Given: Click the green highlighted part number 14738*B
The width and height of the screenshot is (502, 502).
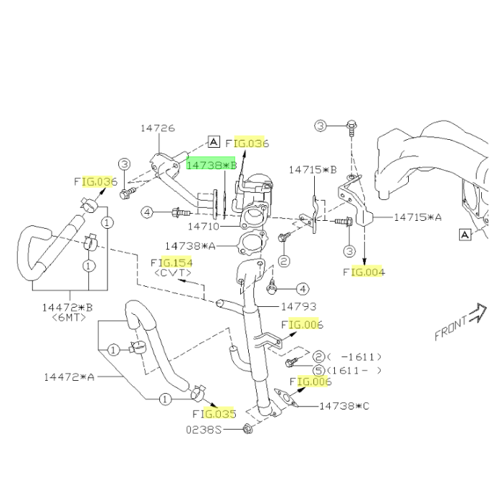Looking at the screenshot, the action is click(212, 165).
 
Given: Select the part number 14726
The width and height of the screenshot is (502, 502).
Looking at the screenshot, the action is click(158, 128).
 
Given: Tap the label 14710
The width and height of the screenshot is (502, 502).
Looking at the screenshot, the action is click(203, 227).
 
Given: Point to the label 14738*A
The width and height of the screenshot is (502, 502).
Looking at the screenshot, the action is click(190, 246).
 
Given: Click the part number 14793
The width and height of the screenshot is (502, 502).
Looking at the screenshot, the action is click(298, 307).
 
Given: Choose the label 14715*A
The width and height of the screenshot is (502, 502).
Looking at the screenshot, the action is click(417, 217).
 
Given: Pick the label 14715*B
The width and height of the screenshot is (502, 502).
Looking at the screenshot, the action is click(313, 170).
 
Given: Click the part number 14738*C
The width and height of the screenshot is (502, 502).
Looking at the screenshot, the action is click(344, 406).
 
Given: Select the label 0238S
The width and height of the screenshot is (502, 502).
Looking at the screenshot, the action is click(204, 430).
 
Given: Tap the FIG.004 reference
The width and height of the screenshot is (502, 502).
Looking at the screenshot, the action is click(364, 272).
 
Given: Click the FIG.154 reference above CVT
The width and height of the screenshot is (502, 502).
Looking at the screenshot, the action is click(171, 263).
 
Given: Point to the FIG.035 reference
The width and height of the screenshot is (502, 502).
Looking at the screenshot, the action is click(214, 414).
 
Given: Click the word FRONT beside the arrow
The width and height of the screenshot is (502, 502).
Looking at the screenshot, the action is click(451, 328).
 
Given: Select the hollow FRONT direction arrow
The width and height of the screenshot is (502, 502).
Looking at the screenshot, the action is click(478, 313).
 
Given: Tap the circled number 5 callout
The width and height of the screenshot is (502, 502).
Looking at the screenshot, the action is click(318, 371).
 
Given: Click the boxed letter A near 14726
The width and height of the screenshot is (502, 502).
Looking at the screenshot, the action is click(214, 141).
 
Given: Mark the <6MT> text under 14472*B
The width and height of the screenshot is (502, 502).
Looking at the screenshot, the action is click(69, 317).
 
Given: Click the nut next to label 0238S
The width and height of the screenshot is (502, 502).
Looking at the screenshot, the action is click(247, 429).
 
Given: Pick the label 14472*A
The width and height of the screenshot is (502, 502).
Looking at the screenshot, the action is click(69, 377).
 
